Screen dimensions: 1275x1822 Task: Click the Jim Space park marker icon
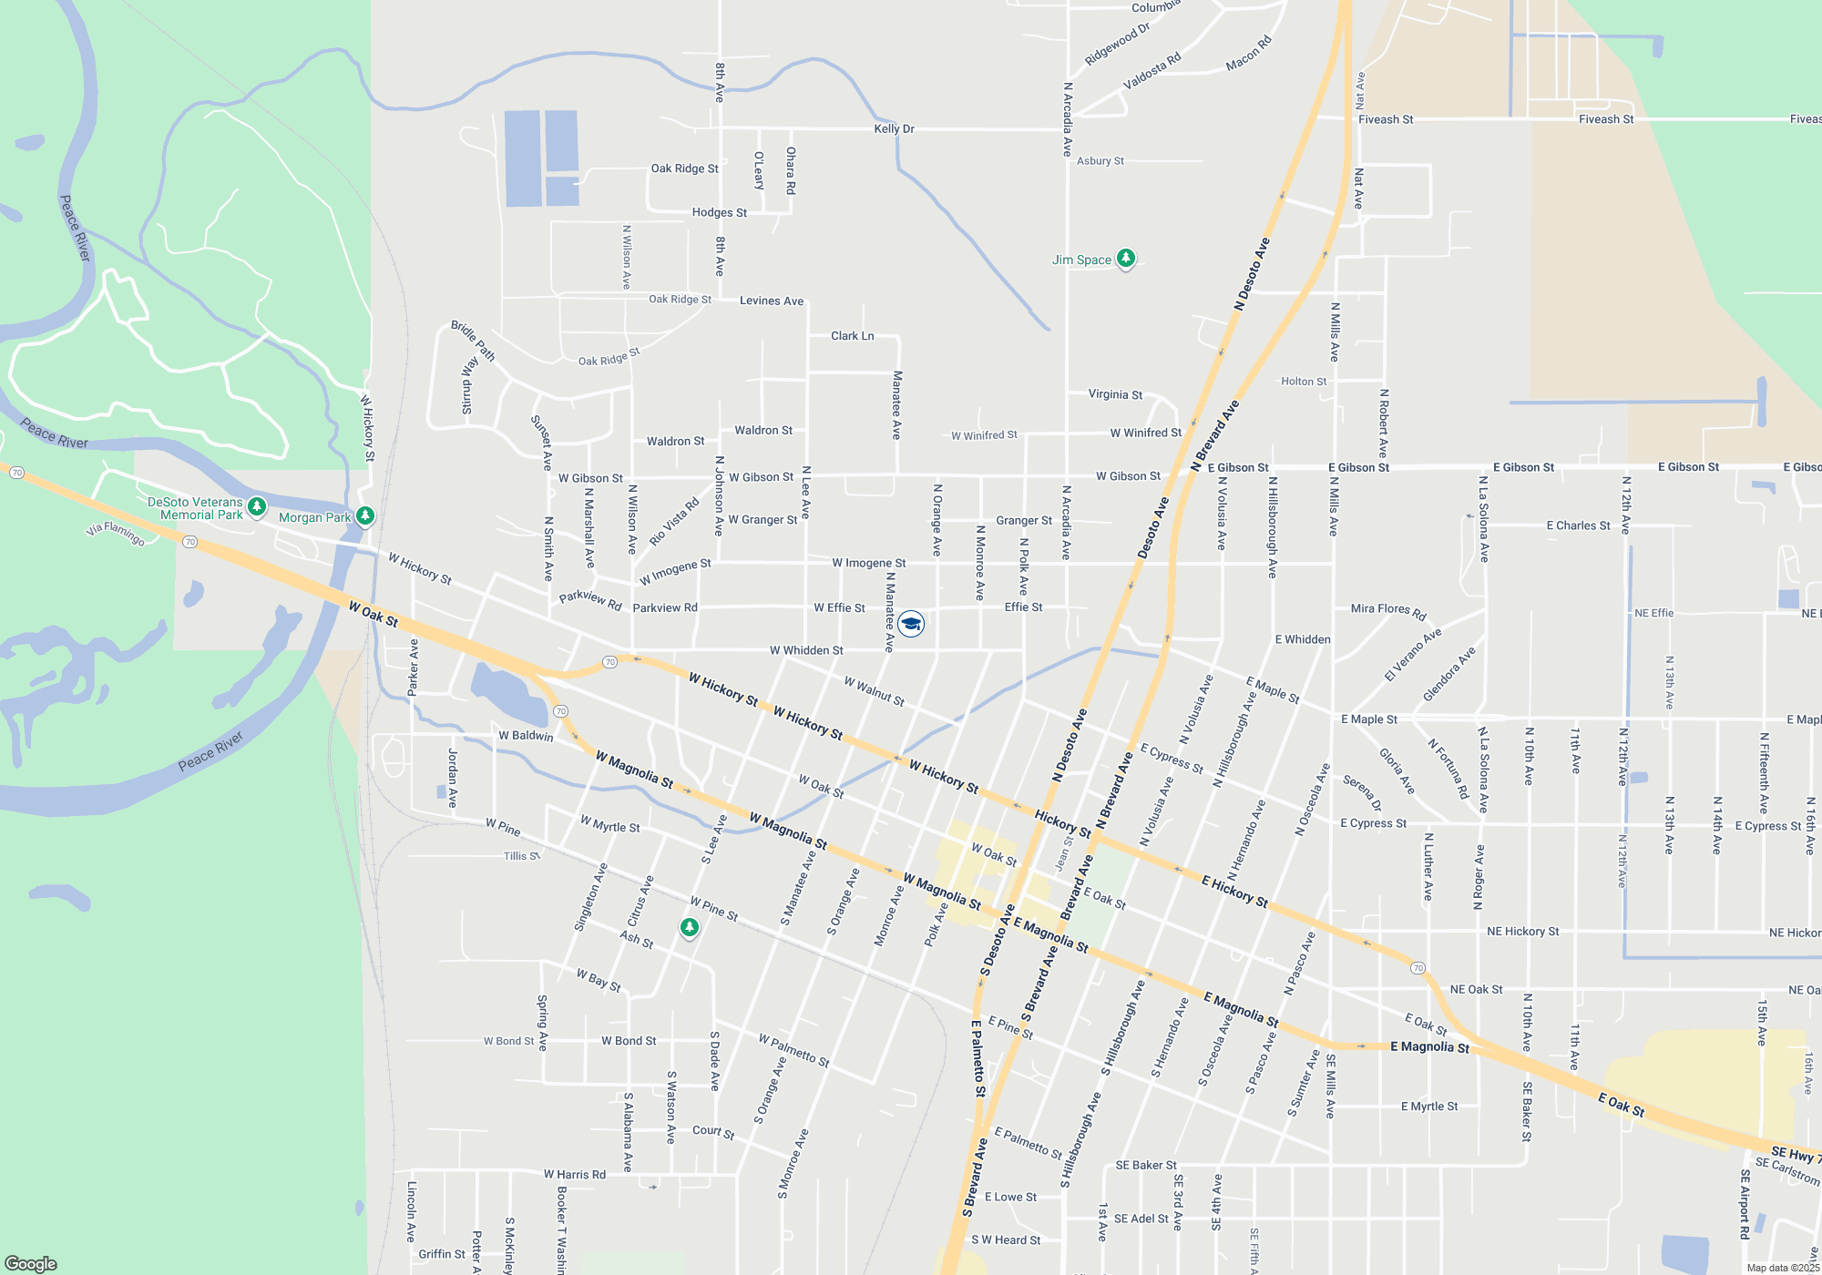click(x=1126, y=259)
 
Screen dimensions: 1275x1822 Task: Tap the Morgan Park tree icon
click(x=365, y=516)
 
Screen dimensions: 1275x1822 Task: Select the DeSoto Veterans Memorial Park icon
click(x=257, y=505)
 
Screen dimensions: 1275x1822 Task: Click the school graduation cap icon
click(x=911, y=624)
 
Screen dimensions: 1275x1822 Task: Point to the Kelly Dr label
click(x=894, y=128)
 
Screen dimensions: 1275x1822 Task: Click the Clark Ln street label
click(x=852, y=336)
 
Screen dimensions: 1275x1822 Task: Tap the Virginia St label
click(x=1115, y=394)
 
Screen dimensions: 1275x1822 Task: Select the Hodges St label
click(x=719, y=212)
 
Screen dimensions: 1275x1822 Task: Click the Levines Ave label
click(x=772, y=301)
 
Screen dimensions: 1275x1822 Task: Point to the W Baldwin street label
click(x=526, y=735)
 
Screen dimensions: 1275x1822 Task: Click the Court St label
click(x=713, y=1131)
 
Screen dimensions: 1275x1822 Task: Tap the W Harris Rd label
click(x=574, y=1175)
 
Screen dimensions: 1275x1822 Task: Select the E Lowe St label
click(x=1010, y=1197)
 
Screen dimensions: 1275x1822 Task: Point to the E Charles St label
click(x=1578, y=525)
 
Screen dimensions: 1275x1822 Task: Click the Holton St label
click(x=1304, y=382)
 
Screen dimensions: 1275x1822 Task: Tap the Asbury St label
click(x=1100, y=161)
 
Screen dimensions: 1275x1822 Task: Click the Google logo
click(x=31, y=1263)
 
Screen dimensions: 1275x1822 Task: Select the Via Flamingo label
click(x=116, y=533)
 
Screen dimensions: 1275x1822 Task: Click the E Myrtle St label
click(x=1428, y=1107)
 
